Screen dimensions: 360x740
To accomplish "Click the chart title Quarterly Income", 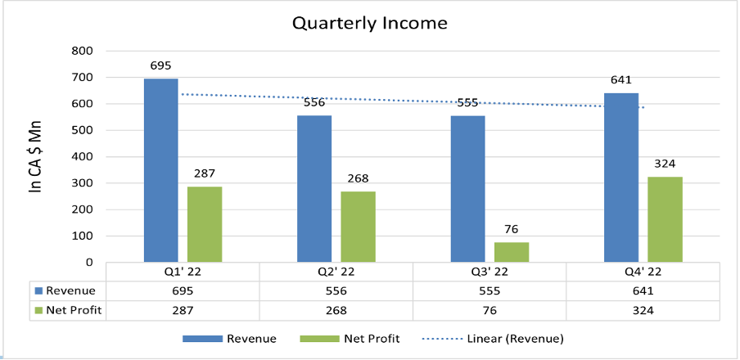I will tap(370, 22).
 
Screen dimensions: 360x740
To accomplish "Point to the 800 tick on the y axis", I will tap(83, 51).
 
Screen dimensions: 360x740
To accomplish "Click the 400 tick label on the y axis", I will tap(83, 157).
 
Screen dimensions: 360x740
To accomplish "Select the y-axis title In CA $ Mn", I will tap(35, 157).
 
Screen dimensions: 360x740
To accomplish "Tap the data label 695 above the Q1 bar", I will tap(161, 65).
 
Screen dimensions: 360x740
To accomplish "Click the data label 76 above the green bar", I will tap(511, 229).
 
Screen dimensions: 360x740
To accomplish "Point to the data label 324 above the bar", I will tap(665, 164).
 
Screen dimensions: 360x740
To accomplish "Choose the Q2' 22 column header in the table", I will tap(336, 272).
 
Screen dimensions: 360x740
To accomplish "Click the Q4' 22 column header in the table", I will tap(643, 272).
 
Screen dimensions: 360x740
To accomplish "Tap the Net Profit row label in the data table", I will tap(72, 311).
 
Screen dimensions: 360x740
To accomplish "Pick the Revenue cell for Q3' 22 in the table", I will tap(489, 291).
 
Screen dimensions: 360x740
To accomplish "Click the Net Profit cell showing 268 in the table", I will tap(336, 311).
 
